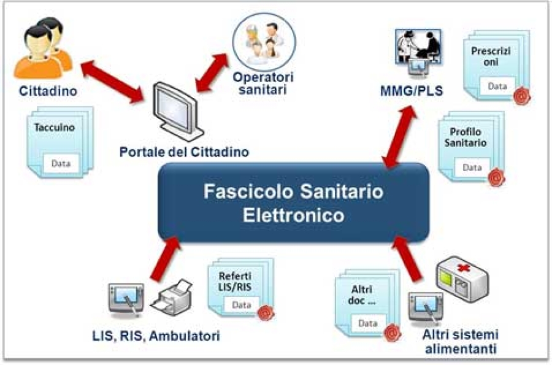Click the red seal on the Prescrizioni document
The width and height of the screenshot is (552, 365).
(x=521, y=95)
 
